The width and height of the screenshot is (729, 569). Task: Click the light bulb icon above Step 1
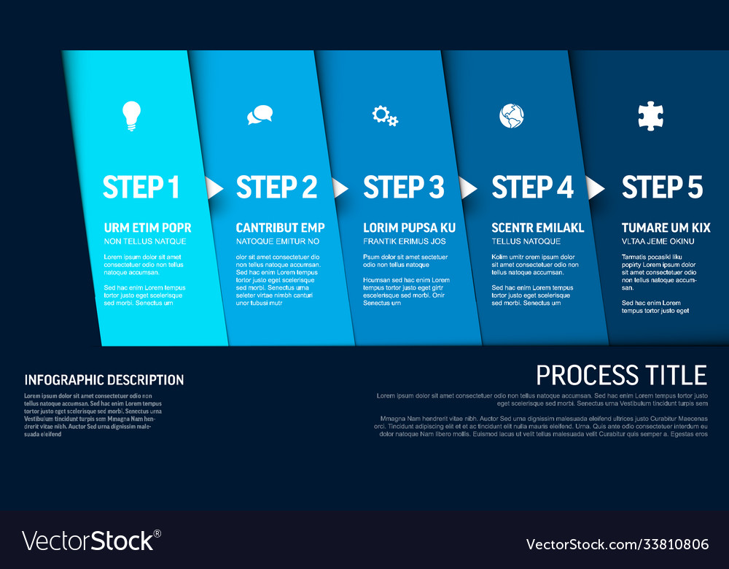[x=131, y=116]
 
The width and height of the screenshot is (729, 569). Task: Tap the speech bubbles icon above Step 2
[x=260, y=115]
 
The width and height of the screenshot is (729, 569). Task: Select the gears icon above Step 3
[x=385, y=116]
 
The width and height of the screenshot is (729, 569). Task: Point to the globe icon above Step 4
[x=512, y=116]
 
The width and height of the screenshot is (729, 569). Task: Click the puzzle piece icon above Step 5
[x=650, y=116]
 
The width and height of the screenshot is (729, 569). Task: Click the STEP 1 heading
[x=141, y=187]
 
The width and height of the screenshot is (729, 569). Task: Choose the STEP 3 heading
[x=404, y=187]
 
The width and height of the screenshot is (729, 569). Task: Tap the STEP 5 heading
[x=662, y=187]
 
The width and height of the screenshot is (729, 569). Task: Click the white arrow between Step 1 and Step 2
[x=214, y=188]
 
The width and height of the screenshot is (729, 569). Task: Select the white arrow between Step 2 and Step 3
[x=340, y=188]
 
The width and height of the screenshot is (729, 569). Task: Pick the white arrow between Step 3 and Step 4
[x=467, y=188]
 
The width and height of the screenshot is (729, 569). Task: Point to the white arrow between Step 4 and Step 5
[x=595, y=188]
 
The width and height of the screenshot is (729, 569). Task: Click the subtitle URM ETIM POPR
[x=148, y=228]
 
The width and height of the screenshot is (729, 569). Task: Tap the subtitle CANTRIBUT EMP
[x=281, y=228]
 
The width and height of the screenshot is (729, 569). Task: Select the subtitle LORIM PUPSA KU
[x=409, y=228]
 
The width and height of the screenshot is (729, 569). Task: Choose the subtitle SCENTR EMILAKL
[x=538, y=228]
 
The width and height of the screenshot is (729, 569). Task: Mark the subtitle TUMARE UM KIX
[x=666, y=228]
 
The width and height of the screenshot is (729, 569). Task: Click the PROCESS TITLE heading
[x=622, y=375]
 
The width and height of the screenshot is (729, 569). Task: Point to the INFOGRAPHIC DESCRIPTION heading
[x=104, y=380]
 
